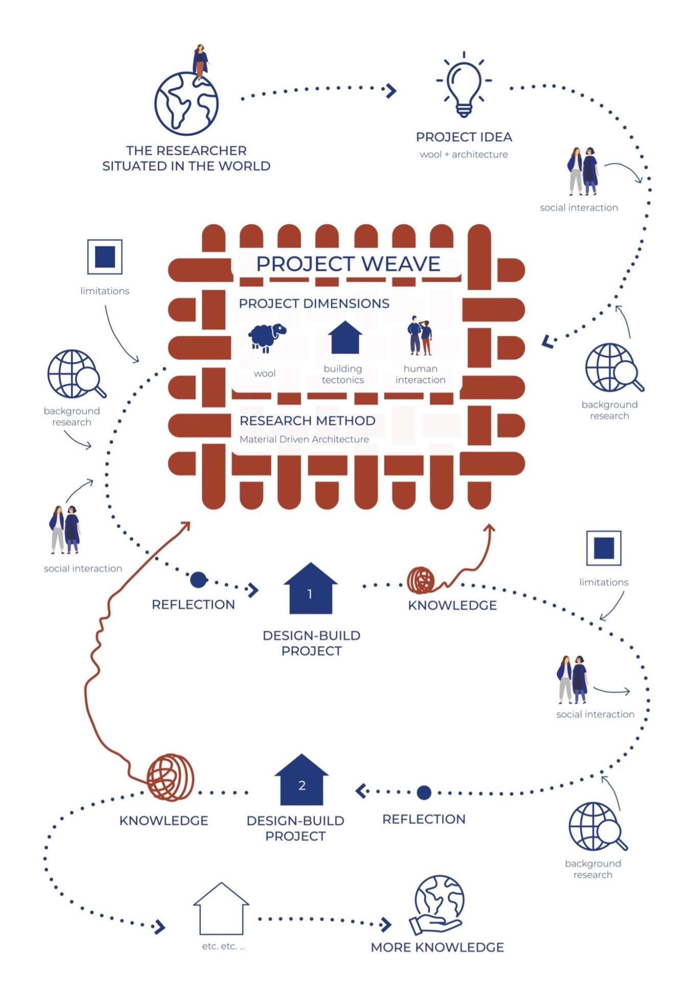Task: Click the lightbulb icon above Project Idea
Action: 464,84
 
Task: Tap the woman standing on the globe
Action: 200,62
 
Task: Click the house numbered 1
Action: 310,588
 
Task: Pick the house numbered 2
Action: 301,779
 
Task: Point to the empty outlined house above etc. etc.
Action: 221,908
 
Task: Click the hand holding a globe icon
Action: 437,905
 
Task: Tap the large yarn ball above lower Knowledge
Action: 171,777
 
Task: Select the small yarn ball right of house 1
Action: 421,580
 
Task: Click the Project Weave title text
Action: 348,264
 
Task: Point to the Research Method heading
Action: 307,420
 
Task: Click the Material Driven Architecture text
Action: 304,439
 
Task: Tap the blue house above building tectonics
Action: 345,337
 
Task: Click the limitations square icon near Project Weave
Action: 105,257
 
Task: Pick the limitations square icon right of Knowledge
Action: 604,548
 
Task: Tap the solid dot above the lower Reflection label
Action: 424,793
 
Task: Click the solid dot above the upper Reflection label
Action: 198,580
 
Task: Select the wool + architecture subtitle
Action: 464,154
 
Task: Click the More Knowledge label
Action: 437,947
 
